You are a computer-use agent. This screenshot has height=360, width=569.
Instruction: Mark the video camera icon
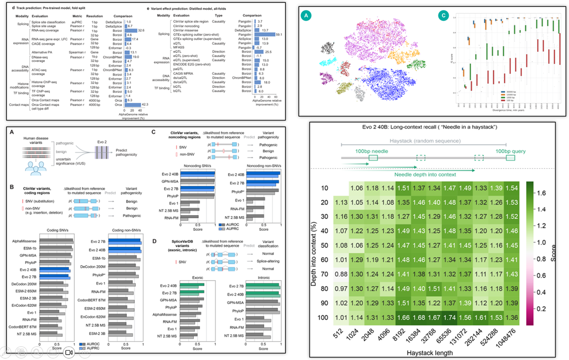pyautogui.click(x=69, y=353)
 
